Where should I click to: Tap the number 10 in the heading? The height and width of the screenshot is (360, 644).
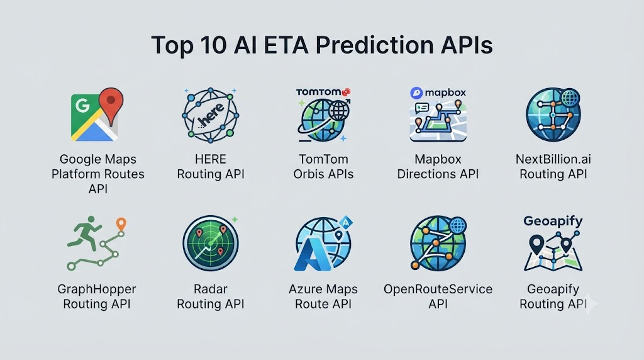pyautogui.click(x=213, y=45)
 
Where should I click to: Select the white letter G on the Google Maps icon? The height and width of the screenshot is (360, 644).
pyautogui.click(x=82, y=106)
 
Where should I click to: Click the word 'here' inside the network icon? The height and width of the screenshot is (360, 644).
pyautogui.click(x=211, y=115)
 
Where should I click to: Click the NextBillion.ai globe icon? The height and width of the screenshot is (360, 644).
pyautogui.click(x=553, y=115)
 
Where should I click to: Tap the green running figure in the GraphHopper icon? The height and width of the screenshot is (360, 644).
pyautogui.click(x=85, y=233)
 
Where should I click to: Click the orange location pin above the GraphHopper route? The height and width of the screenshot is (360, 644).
pyautogui.click(x=121, y=225)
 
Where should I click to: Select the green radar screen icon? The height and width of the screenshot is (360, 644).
pyautogui.click(x=210, y=244)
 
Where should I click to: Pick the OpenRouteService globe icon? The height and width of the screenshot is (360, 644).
pyautogui.click(x=438, y=244)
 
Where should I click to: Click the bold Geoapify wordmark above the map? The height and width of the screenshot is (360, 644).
pyautogui.click(x=553, y=221)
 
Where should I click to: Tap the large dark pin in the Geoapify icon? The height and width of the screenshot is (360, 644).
pyautogui.click(x=536, y=244)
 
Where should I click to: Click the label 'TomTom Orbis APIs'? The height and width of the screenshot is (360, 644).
pyautogui.click(x=323, y=166)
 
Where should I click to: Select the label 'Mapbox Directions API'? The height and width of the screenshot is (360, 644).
pyautogui.click(x=438, y=166)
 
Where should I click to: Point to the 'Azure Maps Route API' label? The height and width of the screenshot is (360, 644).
pyautogui.click(x=323, y=296)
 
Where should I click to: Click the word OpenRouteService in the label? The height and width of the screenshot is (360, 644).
pyautogui.click(x=438, y=289)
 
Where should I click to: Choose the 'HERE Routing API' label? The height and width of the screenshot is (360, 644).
pyautogui.click(x=211, y=166)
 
